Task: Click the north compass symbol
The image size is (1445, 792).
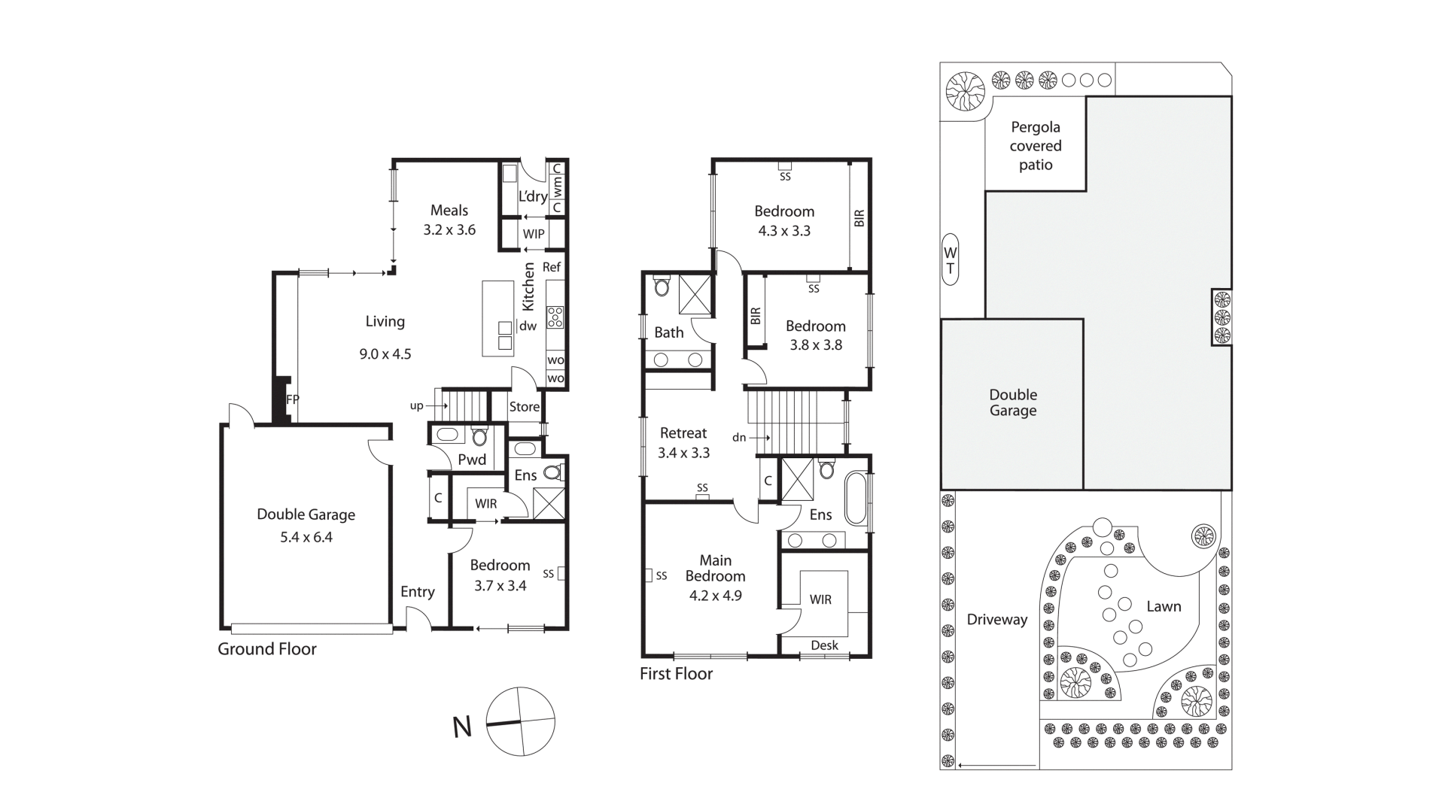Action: coord(520,722)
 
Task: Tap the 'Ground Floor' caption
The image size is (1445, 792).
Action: coord(267,649)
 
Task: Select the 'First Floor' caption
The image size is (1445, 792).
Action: coord(676,674)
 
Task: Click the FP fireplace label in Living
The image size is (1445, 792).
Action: coord(292,400)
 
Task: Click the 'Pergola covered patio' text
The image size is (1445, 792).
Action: coord(1036,146)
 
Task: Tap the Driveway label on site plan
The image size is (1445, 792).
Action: coord(997,620)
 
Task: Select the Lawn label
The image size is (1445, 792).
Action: coord(1164,606)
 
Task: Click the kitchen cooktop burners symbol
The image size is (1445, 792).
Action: coord(555,317)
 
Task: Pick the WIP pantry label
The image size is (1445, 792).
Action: coord(534,234)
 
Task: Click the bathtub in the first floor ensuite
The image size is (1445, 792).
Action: coord(856,498)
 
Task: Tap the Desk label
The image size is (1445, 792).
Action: coord(824,645)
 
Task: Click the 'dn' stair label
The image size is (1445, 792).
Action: coord(739,437)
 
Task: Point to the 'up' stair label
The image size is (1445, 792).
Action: coord(416,406)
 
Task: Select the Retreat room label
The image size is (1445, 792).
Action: coord(683,433)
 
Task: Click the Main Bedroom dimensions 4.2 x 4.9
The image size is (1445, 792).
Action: coord(715,596)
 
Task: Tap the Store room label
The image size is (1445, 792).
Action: coord(524,407)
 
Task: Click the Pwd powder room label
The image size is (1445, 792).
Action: coord(472,460)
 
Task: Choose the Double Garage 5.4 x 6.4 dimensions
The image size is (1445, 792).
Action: coord(306,537)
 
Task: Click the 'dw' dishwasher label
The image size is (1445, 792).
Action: coord(528,326)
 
